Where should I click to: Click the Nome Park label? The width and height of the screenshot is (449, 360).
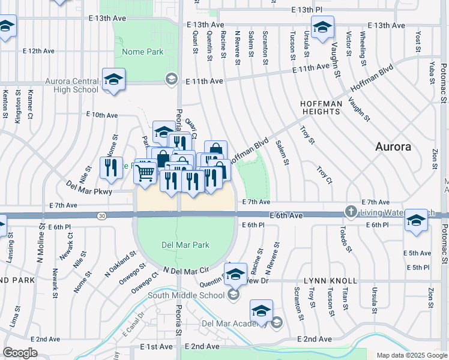(142, 52)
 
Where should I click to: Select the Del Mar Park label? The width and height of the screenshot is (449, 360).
(185, 245)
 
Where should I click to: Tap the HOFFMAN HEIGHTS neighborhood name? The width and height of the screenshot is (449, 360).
(321, 107)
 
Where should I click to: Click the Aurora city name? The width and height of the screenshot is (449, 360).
(393, 146)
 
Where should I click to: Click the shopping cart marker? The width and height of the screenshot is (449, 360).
(145, 172)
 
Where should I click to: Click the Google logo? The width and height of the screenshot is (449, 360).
(20, 352)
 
